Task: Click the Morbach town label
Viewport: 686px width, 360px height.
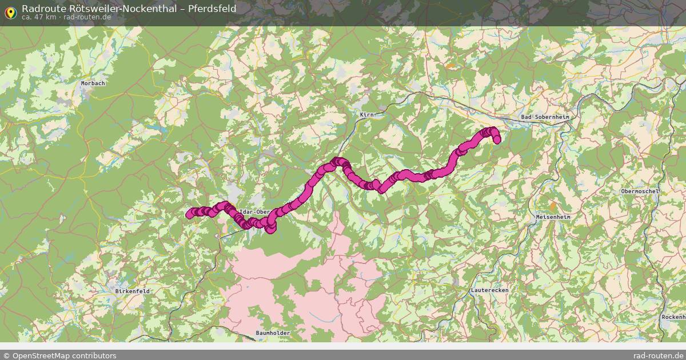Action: tap(93, 83)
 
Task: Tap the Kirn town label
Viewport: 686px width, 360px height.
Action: tap(366, 115)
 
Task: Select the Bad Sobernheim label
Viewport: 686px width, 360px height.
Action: tap(545, 117)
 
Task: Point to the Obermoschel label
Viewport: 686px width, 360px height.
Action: tap(640, 191)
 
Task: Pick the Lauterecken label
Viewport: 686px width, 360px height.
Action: tap(489, 290)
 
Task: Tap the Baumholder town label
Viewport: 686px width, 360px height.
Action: tap(273, 333)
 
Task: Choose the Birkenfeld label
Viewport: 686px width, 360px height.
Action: tap(132, 291)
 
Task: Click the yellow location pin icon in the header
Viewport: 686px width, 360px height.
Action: tap(10, 11)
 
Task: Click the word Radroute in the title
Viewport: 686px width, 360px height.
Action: tap(41, 9)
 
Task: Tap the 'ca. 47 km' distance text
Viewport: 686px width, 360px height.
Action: tap(38, 17)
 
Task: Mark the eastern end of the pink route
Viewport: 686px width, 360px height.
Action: tap(496, 139)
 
